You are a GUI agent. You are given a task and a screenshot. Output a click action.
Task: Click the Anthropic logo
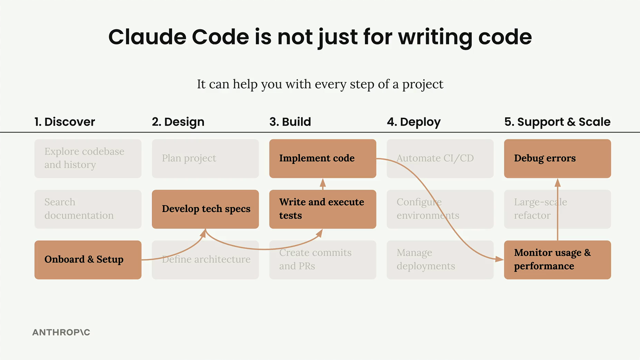tap(61, 332)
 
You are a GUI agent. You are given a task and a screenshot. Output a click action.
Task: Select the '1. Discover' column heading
tap(65, 122)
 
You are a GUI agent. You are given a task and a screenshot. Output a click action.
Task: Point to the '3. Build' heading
tap(290, 122)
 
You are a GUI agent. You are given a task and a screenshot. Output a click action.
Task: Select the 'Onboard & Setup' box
tap(88, 260)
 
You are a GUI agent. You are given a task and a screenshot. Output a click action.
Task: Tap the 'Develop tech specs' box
tap(205, 209)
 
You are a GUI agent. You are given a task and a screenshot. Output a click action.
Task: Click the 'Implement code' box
tap(323, 158)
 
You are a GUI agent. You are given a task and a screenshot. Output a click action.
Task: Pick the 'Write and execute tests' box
tap(323, 209)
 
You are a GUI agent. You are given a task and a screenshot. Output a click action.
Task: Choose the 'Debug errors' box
tap(557, 158)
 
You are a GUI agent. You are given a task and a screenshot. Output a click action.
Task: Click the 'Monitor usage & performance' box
tap(557, 260)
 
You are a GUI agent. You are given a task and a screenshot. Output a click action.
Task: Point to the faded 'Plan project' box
tap(205, 158)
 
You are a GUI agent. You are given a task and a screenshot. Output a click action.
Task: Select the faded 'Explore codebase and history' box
tap(88, 158)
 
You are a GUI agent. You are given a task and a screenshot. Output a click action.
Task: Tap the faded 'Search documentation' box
tap(88, 209)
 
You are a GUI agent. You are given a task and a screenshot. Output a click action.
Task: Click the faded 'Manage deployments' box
tap(440, 260)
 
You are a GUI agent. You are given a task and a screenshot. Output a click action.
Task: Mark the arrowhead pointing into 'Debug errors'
tap(558, 182)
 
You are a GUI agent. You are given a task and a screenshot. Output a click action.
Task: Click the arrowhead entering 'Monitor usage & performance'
tap(500, 259)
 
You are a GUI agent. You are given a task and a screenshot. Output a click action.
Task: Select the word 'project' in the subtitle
tap(423, 85)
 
